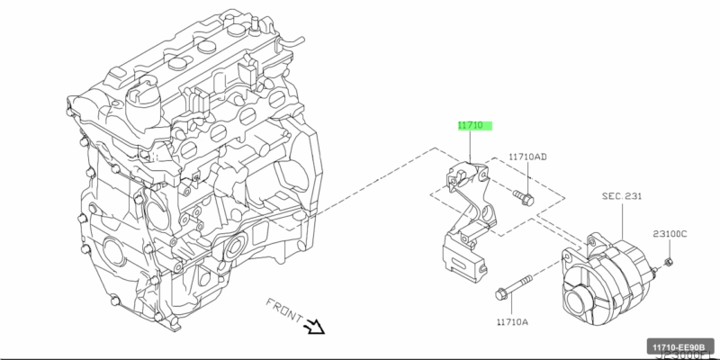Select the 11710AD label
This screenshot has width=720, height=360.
click(x=526, y=157)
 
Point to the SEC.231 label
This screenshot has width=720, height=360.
click(x=620, y=195)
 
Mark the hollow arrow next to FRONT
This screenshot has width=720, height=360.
click(x=315, y=325)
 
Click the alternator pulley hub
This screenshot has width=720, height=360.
click(x=576, y=301)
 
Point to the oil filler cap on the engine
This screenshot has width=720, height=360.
click(x=145, y=100)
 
